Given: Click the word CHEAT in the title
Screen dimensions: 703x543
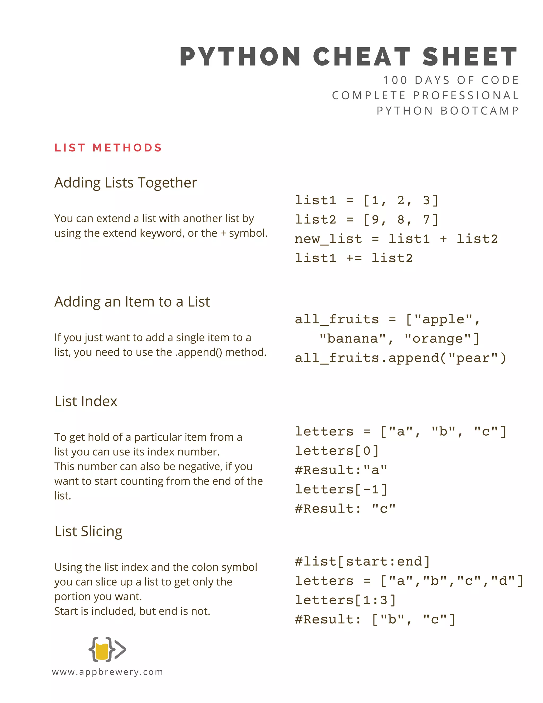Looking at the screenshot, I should pyautogui.click(x=362, y=57).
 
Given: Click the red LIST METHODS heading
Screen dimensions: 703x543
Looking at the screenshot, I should pyautogui.click(x=108, y=148).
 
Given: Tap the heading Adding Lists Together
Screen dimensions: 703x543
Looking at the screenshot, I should pyautogui.click(x=125, y=183).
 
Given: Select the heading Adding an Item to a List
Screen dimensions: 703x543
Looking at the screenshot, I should pyautogui.click(x=132, y=302).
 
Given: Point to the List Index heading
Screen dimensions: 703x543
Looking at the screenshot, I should pyautogui.click(x=86, y=401).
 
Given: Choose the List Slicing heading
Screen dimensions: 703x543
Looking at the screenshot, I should pyautogui.click(x=89, y=531).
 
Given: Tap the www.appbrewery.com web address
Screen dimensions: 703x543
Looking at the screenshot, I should pyautogui.click(x=107, y=672).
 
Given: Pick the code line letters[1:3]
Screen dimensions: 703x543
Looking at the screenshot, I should pyautogui.click(x=345, y=600).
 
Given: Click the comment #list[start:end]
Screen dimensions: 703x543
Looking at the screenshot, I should pyautogui.click(x=362, y=562).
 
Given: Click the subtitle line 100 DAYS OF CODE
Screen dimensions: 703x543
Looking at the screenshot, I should pyautogui.click(x=451, y=80).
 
